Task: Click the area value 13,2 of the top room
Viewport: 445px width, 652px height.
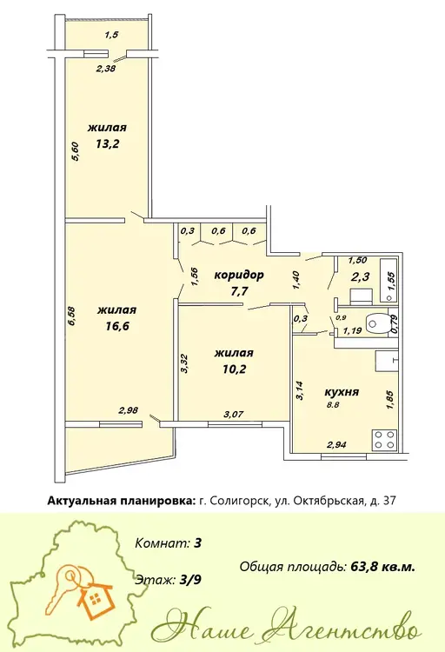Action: pos(107,143)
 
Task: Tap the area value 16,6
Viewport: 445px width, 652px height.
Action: pos(117,326)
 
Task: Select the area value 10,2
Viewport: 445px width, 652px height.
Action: pos(234,369)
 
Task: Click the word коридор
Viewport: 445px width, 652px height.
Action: pos(239,275)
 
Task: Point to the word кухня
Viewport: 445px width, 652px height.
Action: pos(341,392)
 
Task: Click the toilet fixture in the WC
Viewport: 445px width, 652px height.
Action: pos(377,323)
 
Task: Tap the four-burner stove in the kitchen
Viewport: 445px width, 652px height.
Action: pos(384,440)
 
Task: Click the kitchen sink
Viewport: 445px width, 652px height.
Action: pos(387,361)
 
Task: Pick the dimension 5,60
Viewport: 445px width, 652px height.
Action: pos(76,151)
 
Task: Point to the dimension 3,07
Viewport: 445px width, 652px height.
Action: pos(233,414)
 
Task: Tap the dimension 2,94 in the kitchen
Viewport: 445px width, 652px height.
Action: pos(336,445)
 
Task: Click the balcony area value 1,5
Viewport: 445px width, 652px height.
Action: pos(111,35)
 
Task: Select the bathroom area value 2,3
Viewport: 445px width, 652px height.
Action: pos(361,276)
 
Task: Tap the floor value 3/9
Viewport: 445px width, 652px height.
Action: pos(190,580)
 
